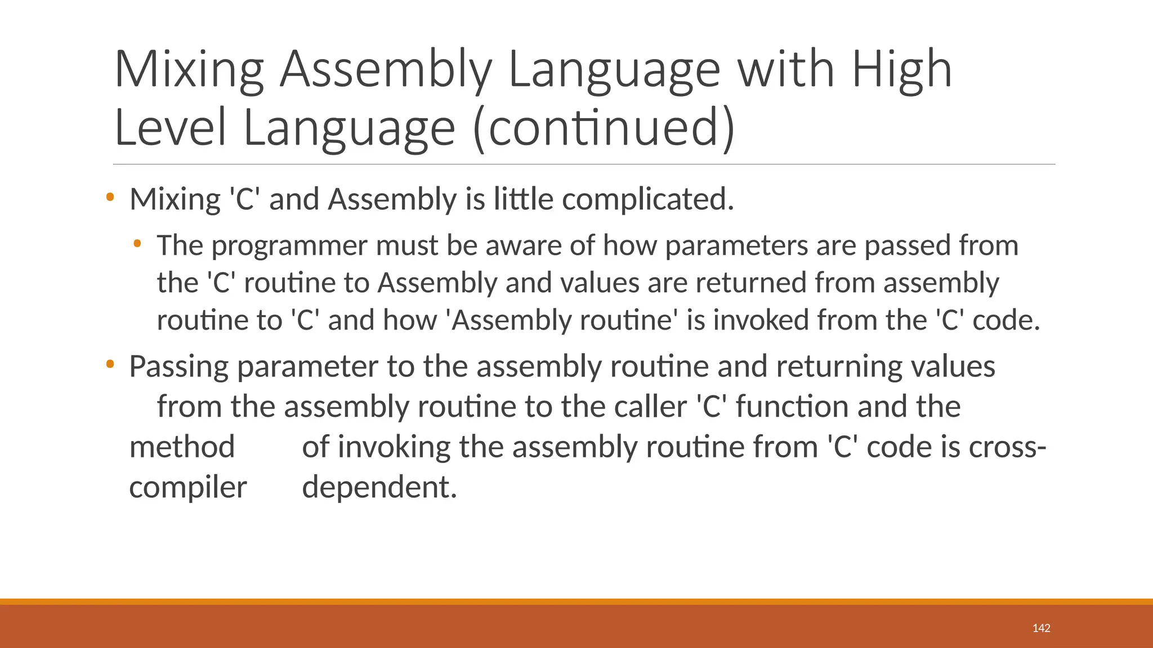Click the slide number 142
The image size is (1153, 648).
(x=1041, y=628)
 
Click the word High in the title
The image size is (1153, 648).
(x=901, y=70)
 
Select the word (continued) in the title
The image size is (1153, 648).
(x=604, y=128)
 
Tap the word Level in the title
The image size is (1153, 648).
(x=170, y=128)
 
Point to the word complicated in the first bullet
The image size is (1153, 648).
(x=647, y=200)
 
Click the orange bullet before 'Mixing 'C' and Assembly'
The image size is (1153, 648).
(x=110, y=197)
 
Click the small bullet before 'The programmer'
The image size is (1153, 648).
(x=137, y=244)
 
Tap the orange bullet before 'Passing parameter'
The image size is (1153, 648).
(x=110, y=364)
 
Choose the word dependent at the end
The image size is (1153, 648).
(x=379, y=487)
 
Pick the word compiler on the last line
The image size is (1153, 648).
(x=188, y=488)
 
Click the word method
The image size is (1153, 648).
(x=182, y=447)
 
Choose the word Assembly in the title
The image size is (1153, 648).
(x=386, y=70)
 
